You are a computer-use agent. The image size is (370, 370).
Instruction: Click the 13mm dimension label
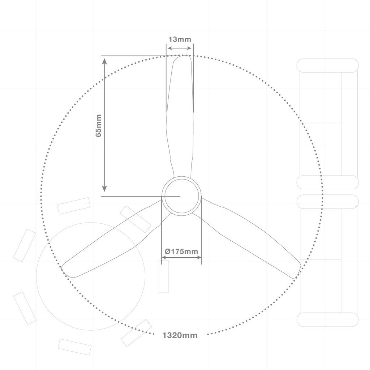180,39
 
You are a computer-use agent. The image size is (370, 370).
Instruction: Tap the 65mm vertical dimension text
98,125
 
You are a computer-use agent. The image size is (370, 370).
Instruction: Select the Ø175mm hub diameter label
181,251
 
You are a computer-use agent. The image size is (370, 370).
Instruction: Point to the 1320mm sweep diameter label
180,335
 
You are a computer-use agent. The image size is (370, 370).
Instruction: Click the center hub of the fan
181,196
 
